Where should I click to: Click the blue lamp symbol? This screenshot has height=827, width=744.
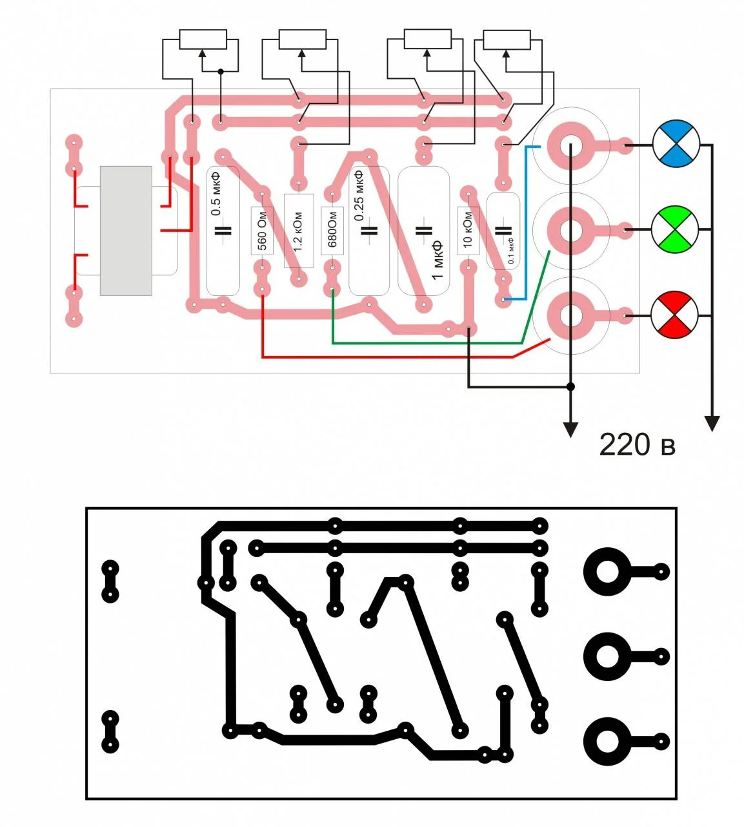coord(676,143)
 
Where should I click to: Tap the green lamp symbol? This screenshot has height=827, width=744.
coord(675,229)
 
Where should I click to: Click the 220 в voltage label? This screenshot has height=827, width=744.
coord(636,445)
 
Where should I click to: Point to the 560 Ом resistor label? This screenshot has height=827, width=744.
coord(262,231)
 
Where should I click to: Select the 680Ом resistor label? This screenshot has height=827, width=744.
coord(332,229)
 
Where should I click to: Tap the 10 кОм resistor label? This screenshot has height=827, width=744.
coord(467,229)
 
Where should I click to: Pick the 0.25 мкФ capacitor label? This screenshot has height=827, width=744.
coord(359,196)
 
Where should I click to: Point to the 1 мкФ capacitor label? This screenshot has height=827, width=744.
coord(437,260)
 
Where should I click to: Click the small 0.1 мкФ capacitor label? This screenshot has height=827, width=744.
coord(510,251)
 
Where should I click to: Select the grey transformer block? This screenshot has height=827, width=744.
coord(126,231)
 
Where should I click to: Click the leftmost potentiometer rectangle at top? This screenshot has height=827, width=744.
coord(203,39)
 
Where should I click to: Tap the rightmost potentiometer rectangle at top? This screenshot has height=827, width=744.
coord(507,40)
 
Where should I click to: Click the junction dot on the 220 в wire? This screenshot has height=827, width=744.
coord(570,387)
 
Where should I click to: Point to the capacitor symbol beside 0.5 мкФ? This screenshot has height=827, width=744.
coord(223,231)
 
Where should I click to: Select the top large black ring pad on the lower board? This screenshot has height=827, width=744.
coord(607,571)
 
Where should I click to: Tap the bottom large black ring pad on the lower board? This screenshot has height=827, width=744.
coord(607,742)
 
